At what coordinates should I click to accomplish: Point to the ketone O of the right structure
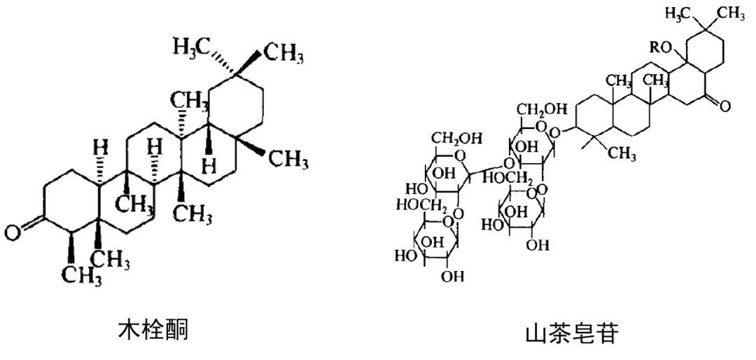pos(723,106)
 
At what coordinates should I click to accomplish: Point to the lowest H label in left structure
pos(208,165)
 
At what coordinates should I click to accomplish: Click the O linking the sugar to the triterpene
pos(555,132)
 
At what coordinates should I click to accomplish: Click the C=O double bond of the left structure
pos(28,225)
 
